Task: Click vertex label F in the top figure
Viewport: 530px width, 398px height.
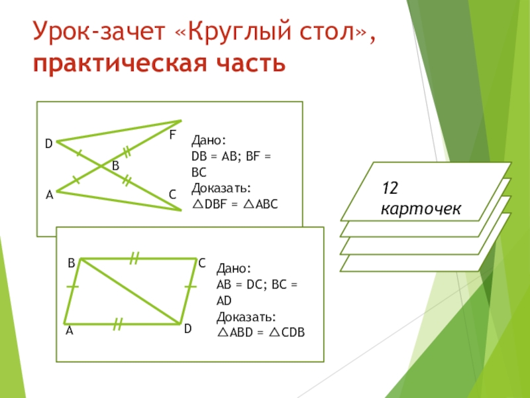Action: tap(172, 135)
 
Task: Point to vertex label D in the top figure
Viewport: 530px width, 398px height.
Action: tap(48, 143)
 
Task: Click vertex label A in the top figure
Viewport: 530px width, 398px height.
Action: tap(49, 196)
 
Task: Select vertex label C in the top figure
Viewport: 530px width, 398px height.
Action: tap(172, 194)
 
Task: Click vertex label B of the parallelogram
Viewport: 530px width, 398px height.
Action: tap(71, 263)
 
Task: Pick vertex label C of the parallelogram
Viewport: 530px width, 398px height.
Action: tap(201, 263)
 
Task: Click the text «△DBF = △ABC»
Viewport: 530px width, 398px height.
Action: tap(235, 204)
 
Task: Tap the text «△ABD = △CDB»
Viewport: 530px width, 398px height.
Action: tap(261, 332)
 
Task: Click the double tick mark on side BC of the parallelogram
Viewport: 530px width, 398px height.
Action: tap(134, 258)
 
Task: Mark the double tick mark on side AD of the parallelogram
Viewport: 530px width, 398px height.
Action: tap(118, 324)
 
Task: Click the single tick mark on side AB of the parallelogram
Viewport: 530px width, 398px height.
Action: tap(72, 287)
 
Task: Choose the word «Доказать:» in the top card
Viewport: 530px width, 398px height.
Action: tap(221, 186)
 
